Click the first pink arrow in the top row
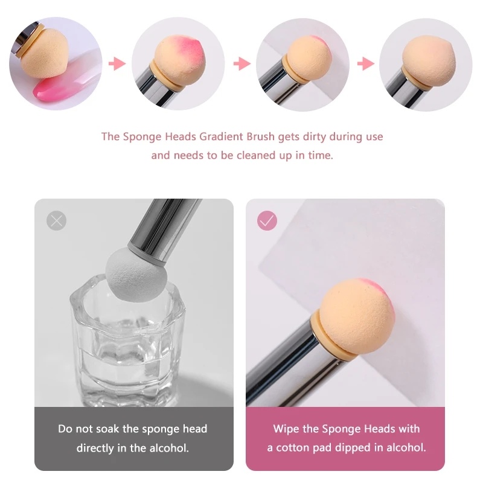117,64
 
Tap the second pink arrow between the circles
241,64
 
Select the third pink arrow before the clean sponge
365,64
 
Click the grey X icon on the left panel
56,220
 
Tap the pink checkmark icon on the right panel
267,220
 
